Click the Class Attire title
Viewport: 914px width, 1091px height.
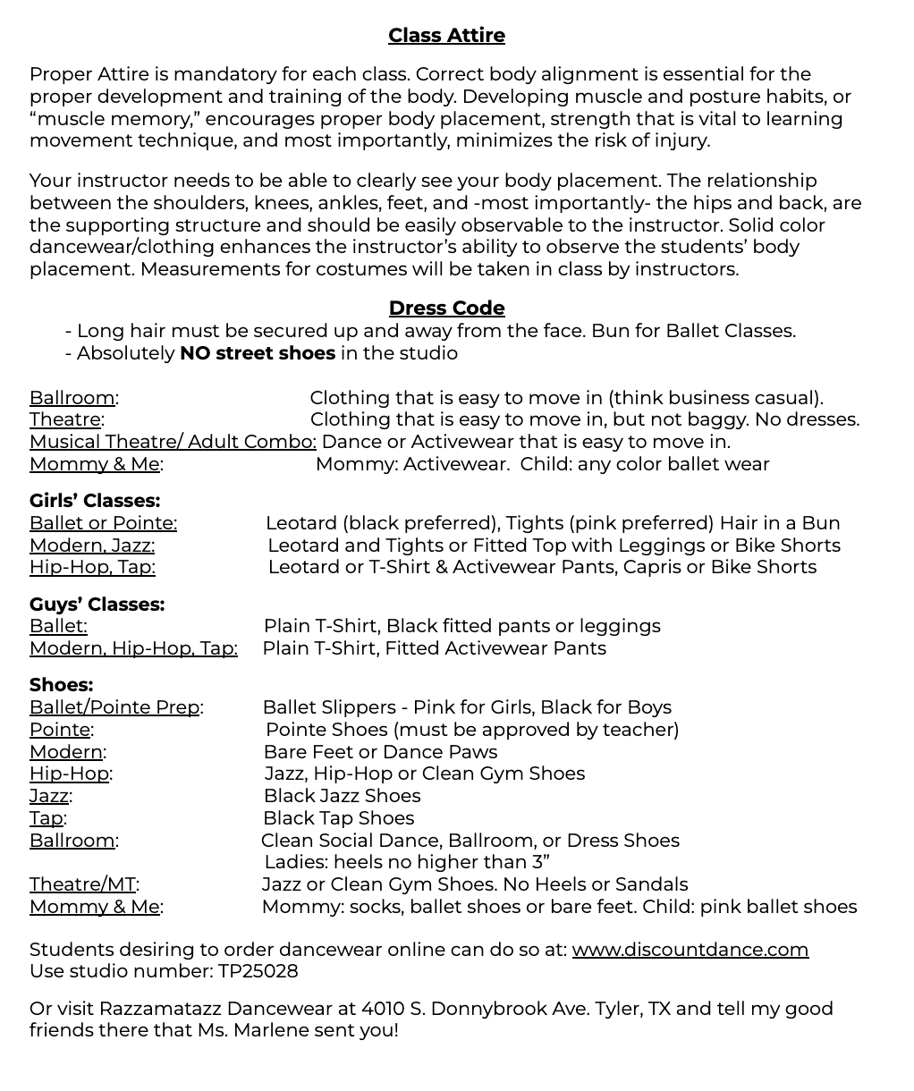(446, 36)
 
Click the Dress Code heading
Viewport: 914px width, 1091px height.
(446, 309)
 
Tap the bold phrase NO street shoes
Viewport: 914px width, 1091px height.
(258, 353)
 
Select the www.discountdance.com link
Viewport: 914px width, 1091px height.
(690, 950)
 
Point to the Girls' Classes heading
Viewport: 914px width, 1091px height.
(95, 501)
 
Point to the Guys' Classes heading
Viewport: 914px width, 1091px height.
(97, 605)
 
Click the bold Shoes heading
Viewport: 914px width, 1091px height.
(61, 685)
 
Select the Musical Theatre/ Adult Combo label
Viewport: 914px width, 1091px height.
(173, 442)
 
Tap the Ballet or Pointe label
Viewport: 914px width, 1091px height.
(103, 523)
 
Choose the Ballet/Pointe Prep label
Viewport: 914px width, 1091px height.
(114, 707)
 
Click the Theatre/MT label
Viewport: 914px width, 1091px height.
(82, 884)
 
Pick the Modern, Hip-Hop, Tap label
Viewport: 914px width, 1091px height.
(133, 648)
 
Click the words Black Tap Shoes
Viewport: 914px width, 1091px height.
(338, 818)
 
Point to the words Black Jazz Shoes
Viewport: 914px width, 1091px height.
(342, 796)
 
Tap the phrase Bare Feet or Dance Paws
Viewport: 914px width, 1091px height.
(380, 752)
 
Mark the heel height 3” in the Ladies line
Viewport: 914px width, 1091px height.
(539, 862)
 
